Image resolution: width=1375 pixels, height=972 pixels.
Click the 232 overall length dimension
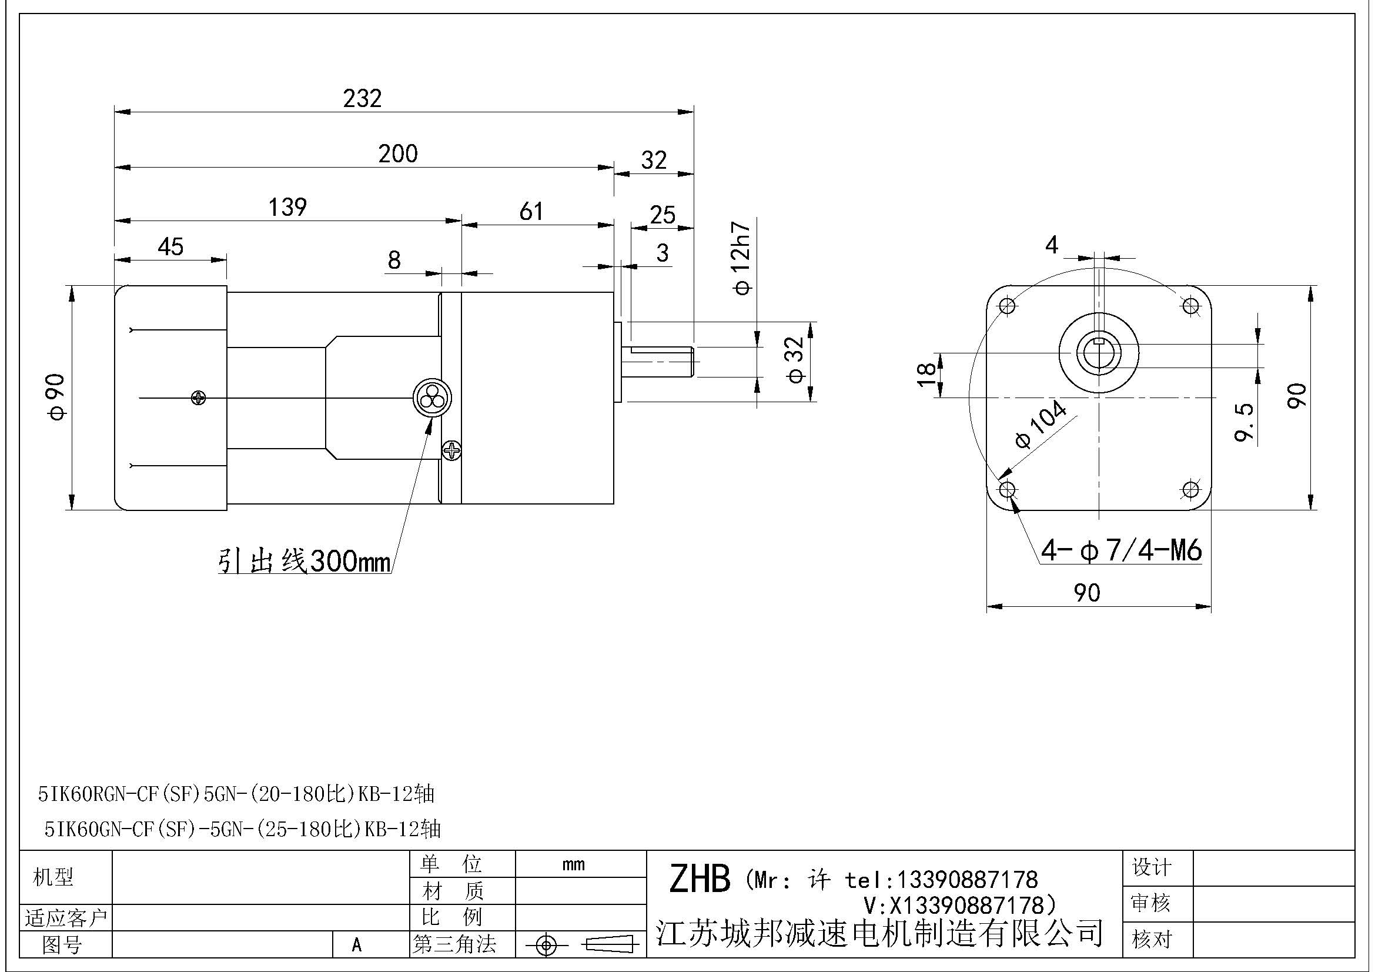[362, 98]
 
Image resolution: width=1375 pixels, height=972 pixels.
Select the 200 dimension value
[397, 154]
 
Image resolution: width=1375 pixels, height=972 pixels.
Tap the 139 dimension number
[287, 207]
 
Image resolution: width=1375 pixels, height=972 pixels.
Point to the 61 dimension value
[531, 212]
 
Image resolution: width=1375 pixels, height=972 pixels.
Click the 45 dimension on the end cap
[170, 247]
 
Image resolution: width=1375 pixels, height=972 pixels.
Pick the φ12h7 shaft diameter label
[742, 259]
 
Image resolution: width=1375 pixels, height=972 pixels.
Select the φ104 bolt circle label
[1041, 425]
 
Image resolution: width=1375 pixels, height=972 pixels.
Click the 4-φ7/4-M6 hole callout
[1120, 550]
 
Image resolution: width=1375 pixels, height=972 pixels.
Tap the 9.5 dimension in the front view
[1244, 422]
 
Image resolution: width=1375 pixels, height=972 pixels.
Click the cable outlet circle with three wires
[432, 397]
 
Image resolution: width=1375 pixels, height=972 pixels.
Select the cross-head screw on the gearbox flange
[451, 450]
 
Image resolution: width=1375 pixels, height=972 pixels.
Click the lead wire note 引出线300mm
[305, 562]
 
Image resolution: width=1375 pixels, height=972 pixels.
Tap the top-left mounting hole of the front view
[1008, 306]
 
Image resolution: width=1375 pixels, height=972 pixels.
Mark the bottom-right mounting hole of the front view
[1190, 490]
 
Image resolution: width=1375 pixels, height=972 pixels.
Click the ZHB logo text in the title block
[699, 879]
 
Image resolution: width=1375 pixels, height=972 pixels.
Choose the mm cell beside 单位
[573, 864]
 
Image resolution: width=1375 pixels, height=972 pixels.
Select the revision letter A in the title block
[357, 945]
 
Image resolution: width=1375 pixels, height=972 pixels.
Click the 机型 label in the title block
[53, 877]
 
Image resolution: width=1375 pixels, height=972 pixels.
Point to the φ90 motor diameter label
[58, 397]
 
